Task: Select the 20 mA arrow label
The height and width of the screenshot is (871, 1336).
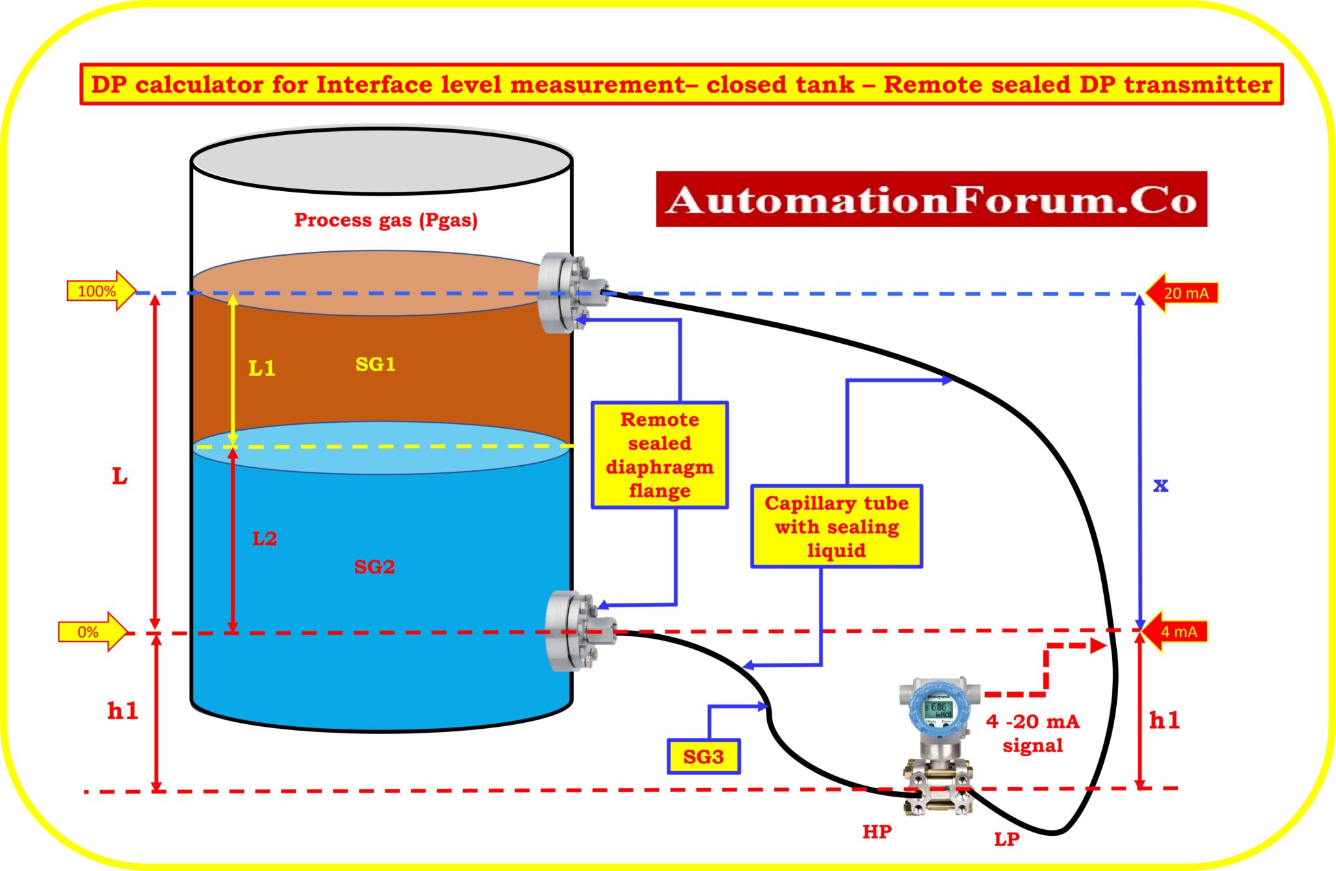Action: point(1182,293)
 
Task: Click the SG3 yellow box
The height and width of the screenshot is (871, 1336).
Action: point(703,757)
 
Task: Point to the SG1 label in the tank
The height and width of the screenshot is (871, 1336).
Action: point(375,364)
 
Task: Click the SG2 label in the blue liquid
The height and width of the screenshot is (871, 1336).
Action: point(374,566)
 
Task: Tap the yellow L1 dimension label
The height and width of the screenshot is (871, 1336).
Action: point(262,369)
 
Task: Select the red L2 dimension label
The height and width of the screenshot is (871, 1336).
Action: point(264,539)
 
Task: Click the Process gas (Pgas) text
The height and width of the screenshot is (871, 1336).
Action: point(386,220)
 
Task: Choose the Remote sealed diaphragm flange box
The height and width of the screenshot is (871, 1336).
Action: point(660,455)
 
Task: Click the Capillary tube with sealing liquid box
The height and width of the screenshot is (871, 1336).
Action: point(836,527)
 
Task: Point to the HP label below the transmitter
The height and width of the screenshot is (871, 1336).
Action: point(877,832)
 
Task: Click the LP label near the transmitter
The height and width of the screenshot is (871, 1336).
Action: point(1007,840)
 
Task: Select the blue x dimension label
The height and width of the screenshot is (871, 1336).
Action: point(1161,485)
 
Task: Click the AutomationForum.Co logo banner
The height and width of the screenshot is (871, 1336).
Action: point(931,200)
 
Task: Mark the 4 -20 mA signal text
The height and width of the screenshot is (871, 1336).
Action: point(1033,733)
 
